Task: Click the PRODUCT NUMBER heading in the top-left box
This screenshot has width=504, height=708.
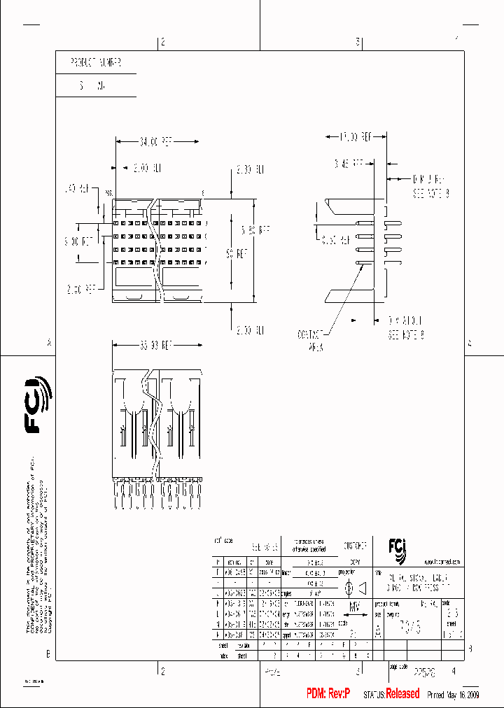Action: click(96, 62)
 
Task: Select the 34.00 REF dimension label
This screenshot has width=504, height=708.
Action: click(155, 141)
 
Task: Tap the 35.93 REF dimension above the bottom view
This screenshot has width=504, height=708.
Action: click(155, 345)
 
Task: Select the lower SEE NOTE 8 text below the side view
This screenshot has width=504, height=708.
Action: click(407, 334)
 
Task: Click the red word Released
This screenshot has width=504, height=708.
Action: click(402, 693)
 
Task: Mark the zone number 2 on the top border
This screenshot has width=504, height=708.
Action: click(162, 42)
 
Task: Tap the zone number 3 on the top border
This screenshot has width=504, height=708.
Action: click(358, 42)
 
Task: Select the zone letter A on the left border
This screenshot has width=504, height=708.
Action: click(48, 343)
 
